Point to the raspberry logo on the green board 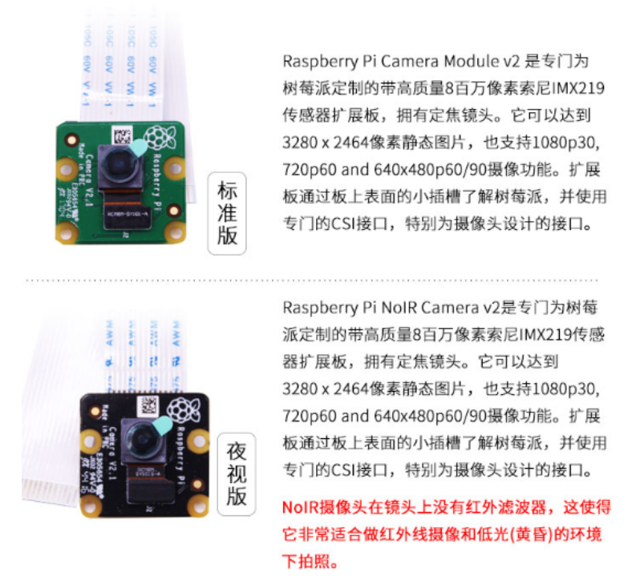pyautogui.click(x=160, y=135)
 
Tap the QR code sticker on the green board pyautogui.click(x=119, y=134)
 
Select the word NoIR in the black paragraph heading pyautogui.click(x=399, y=308)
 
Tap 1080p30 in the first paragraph pyautogui.click(x=568, y=143)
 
